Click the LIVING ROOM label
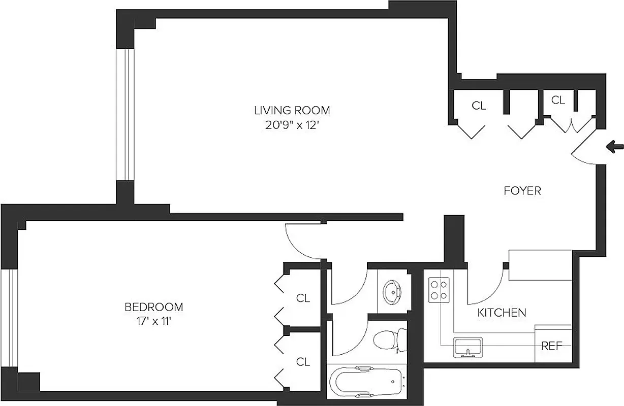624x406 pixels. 292,110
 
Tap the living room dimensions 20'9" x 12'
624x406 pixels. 292,125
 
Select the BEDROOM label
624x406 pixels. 154,307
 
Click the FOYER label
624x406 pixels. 522,191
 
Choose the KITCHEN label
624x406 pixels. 502,313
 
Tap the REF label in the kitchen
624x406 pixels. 551,346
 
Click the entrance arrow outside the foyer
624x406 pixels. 615,147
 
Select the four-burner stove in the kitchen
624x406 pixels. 439,290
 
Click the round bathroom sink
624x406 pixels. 392,291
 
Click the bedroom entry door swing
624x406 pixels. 302,241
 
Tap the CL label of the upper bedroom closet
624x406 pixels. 303,298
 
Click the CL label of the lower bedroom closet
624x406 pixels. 303,362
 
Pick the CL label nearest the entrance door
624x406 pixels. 558,100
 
